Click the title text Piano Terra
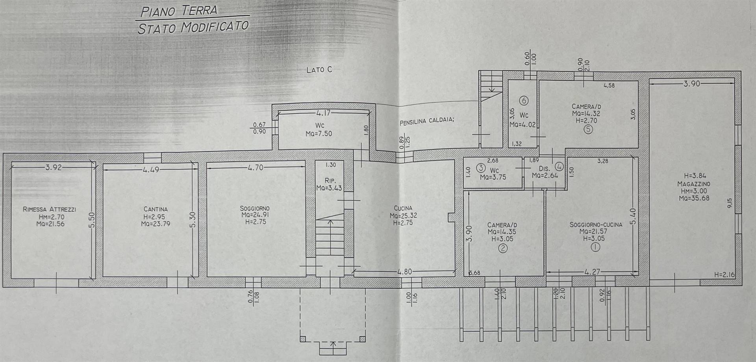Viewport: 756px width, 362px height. [179, 10]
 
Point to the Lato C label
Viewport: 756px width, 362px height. [319, 70]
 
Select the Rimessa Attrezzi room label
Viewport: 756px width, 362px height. [49, 209]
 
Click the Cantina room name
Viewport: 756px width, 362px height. [156, 209]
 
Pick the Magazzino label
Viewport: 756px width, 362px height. [693, 184]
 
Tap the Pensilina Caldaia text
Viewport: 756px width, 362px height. [427, 121]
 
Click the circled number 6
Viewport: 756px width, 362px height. [524, 101]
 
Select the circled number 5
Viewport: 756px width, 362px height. [588, 129]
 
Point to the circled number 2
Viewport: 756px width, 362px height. [502, 248]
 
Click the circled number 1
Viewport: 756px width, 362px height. [595, 247]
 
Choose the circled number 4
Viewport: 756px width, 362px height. [560, 167]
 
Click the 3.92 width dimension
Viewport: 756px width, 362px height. [53, 167]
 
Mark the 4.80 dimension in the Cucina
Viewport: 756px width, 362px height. [404, 272]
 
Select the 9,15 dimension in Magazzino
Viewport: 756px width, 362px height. [729, 203]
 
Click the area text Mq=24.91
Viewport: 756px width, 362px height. [255, 215]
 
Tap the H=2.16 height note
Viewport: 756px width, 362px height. [724, 275]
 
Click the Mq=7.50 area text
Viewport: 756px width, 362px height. [319, 134]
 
